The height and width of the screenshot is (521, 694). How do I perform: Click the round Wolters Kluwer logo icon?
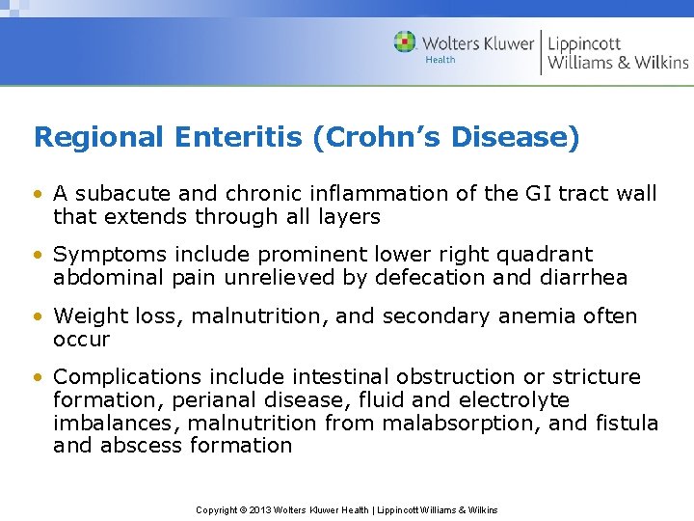(x=405, y=41)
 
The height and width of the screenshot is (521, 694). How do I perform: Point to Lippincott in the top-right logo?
(x=585, y=42)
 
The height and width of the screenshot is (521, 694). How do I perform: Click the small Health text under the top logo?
(x=440, y=60)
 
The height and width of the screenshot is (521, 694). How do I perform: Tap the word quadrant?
(x=545, y=255)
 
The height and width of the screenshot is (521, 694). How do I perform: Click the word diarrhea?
(x=580, y=278)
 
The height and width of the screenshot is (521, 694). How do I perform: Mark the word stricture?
(x=594, y=377)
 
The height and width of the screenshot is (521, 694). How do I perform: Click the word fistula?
(x=626, y=424)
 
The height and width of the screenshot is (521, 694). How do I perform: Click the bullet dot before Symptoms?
(x=39, y=256)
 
